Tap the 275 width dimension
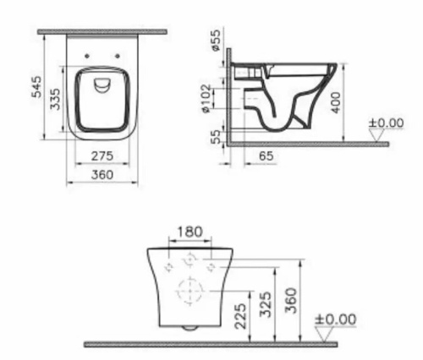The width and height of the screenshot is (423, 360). (103, 158)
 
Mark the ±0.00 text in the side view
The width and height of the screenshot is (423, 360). (387, 123)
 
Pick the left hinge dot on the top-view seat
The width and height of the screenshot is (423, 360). (88, 57)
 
